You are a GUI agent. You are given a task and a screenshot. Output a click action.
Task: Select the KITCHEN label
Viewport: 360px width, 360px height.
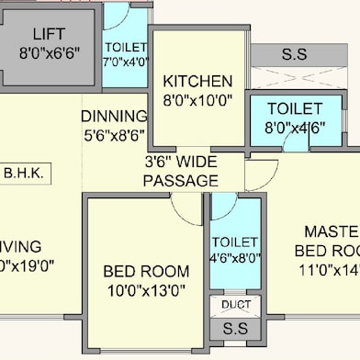pyautogui.click(x=197, y=81)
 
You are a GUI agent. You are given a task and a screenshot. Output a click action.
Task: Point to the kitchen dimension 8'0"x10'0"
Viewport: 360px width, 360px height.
pyautogui.click(x=197, y=99)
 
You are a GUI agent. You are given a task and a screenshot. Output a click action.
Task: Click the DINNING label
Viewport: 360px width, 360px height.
pyautogui.click(x=114, y=117)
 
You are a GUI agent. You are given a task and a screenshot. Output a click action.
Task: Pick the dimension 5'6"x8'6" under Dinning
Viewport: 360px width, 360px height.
pyautogui.click(x=114, y=134)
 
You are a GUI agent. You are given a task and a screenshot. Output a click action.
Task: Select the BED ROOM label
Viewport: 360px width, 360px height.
pyautogui.click(x=146, y=271)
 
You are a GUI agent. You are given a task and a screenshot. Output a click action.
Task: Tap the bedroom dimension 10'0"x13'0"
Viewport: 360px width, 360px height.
pyautogui.click(x=146, y=290)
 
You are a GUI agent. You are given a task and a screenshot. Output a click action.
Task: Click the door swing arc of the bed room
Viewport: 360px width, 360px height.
pyautogui.click(x=189, y=209)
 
